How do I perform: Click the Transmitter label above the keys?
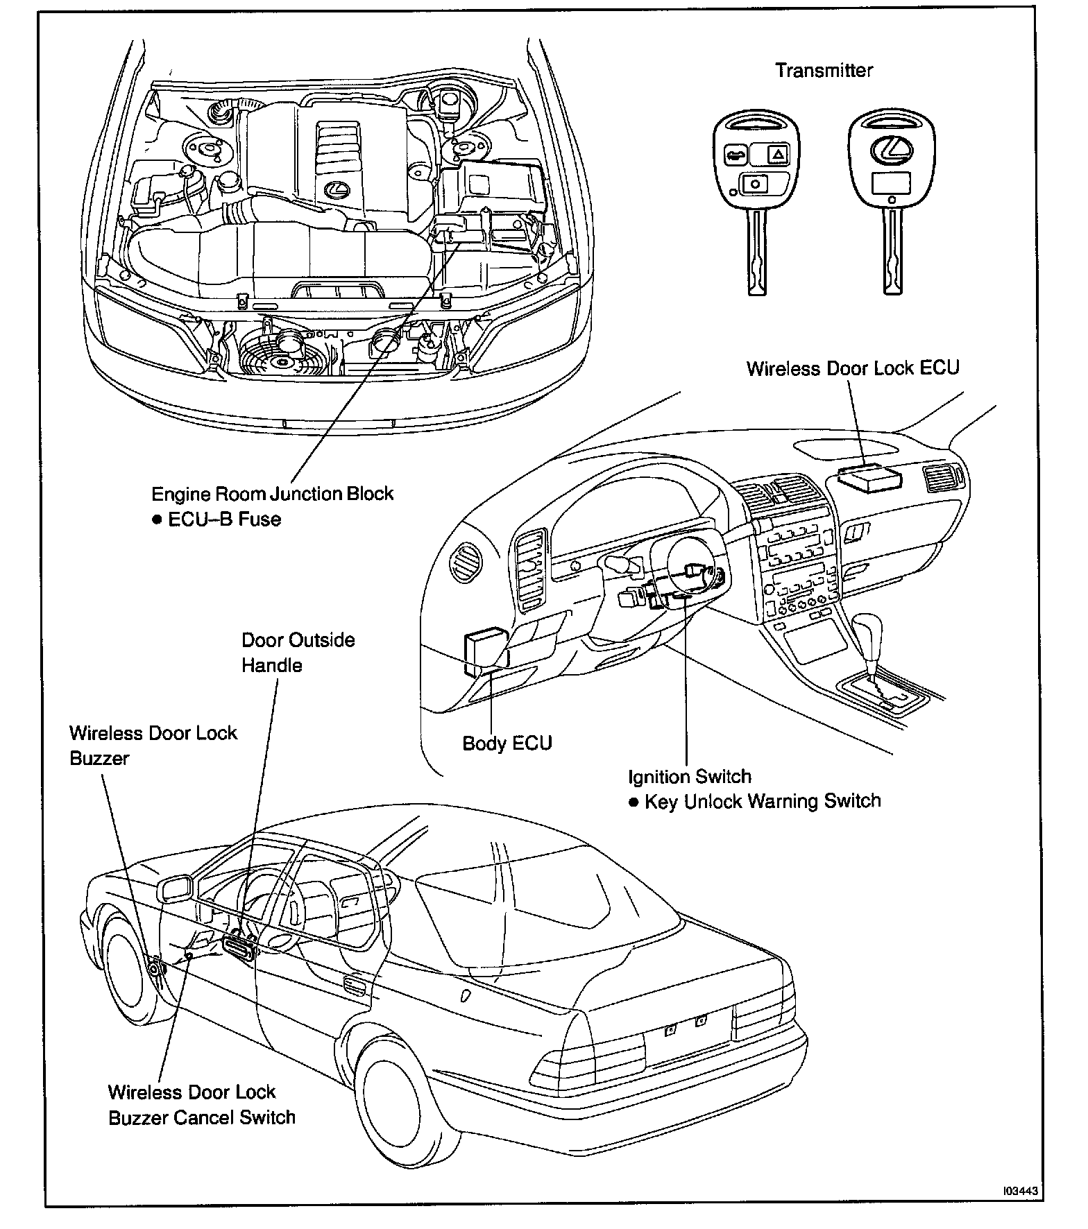[x=824, y=70]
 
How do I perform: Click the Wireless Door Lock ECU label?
[x=852, y=368]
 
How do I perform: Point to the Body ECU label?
[x=507, y=744]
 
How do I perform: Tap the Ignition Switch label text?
[x=690, y=777]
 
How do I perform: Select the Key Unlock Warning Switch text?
[x=762, y=802]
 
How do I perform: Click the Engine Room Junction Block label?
[x=272, y=494]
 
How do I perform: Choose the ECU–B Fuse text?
[x=224, y=519]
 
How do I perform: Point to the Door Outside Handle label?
[x=298, y=652]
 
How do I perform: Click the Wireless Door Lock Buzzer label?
[x=153, y=746]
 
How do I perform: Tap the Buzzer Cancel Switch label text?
[x=201, y=1117]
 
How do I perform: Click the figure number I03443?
[x=1020, y=1191]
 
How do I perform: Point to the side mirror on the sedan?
[x=176, y=890]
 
